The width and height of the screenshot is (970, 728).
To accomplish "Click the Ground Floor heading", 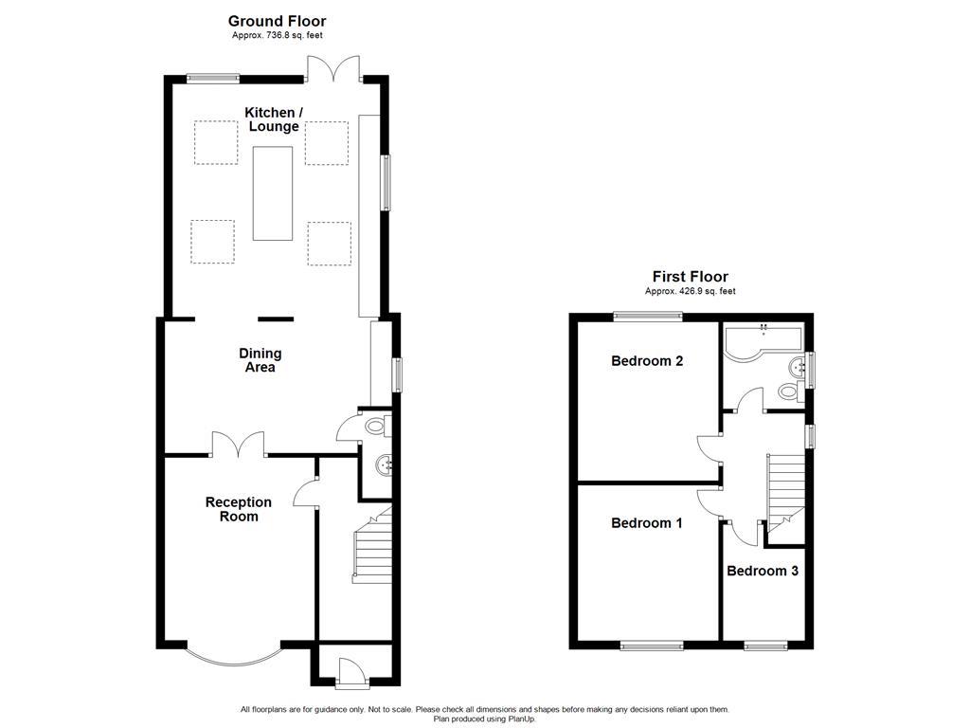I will click(277, 21).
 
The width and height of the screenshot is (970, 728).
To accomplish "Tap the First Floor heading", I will click(690, 277).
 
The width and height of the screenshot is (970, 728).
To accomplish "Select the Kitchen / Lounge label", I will click(274, 119).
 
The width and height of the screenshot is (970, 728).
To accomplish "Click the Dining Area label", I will click(260, 360).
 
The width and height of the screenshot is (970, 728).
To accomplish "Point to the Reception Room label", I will click(239, 509).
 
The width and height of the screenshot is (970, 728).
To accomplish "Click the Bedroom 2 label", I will click(647, 361).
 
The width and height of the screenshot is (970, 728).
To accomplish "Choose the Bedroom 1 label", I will click(646, 523).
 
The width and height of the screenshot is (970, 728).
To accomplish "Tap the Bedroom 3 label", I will click(763, 572).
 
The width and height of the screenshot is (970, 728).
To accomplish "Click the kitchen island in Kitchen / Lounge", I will click(273, 192).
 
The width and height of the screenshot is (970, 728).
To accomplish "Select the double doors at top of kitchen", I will click(333, 69).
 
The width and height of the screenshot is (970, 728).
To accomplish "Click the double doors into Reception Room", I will click(238, 444).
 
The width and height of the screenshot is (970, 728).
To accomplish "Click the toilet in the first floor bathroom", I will click(785, 391).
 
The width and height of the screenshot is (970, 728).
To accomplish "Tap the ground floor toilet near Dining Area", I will click(375, 428).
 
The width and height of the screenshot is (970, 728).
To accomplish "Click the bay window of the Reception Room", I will click(233, 655).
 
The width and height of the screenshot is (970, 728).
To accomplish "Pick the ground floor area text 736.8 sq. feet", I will click(277, 35).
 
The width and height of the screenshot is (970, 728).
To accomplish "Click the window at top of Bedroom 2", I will click(647, 316).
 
